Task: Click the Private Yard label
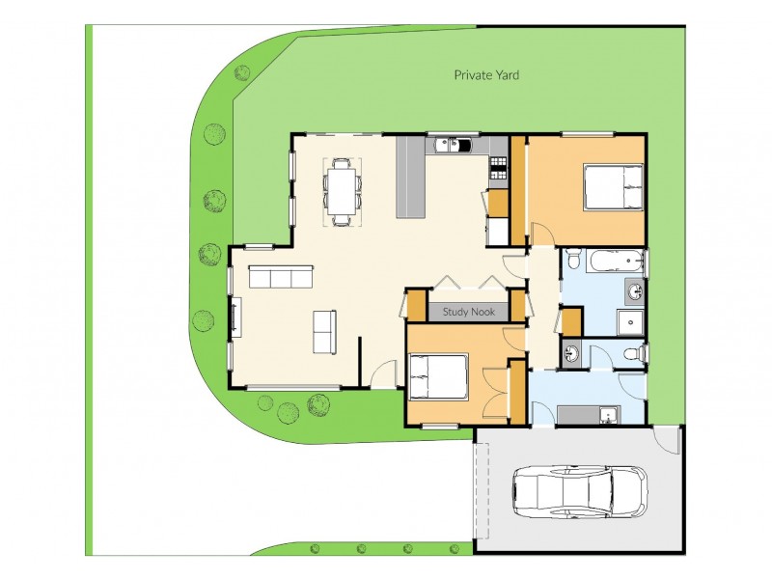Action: pyautogui.click(x=487, y=74)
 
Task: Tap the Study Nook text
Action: pyautogui.click(x=468, y=312)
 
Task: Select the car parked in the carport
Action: pyautogui.click(x=579, y=490)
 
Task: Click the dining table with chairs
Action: pyautogui.click(x=342, y=192)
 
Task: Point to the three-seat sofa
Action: pyautogui.click(x=280, y=278)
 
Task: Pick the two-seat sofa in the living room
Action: pyautogui.click(x=324, y=331)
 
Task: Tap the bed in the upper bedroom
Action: pyautogui.click(x=613, y=187)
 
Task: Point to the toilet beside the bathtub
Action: pyautogui.click(x=573, y=259)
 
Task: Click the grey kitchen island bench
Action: pyautogui.click(x=410, y=176)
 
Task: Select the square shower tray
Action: pyautogui.click(x=631, y=321)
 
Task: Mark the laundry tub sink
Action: pyautogui.click(x=608, y=415)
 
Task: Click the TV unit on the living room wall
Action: pyautogui.click(x=234, y=317)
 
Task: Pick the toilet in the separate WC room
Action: pyautogui.click(x=633, y=353)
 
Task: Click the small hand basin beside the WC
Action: pyautogui.click(x=571, y=353)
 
